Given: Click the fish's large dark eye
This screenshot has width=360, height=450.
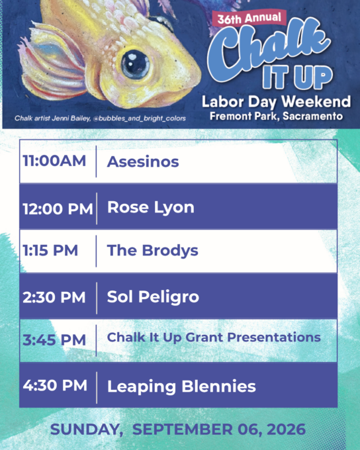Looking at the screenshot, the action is click(135, 64).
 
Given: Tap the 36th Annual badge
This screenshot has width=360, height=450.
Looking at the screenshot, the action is click(249, 19).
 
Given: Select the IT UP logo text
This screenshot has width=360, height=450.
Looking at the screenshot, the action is click(297, 76).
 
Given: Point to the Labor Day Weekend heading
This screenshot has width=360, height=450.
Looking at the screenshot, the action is click(276, 102).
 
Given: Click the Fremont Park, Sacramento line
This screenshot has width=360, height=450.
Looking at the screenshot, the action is click(276, 116).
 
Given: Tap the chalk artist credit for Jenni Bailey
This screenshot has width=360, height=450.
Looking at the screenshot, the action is click(100, 118).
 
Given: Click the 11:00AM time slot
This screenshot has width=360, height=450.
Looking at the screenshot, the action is click(54, 160).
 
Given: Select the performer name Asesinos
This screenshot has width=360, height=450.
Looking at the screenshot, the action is click(143, 161).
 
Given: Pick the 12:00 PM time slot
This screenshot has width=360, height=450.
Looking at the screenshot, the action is click(58, 208).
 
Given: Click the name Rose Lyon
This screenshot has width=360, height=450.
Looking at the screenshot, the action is click(151, 208).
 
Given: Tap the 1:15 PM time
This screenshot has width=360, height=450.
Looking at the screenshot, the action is click(50, 250).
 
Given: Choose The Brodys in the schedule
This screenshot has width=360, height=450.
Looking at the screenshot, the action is click(152, 251).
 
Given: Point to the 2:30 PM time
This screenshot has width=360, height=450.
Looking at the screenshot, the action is click(54, 297).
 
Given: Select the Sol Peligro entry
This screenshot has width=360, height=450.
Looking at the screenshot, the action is click(153, 297).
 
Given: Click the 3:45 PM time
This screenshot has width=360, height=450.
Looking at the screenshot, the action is click(54, 340).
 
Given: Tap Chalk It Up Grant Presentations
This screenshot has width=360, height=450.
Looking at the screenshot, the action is click(214, 337).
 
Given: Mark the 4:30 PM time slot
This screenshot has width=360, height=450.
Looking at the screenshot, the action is click(55, 385).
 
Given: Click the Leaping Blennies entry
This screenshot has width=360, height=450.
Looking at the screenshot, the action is click(181, 386).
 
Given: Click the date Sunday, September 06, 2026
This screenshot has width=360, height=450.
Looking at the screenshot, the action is click(178, 429).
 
